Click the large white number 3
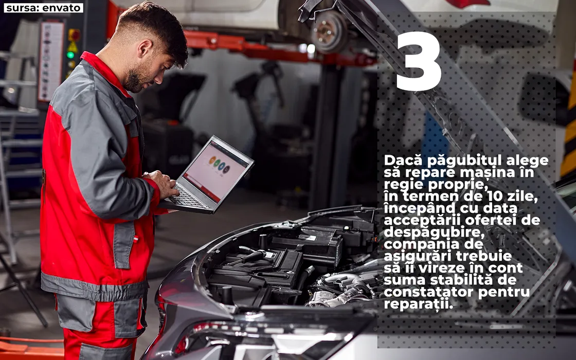coord(419,61)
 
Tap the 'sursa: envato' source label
coord(43,8)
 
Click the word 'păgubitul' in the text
coord(464,161)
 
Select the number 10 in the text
coord(490,196)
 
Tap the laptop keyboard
coord(188,197)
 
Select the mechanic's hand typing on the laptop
coord(161,183)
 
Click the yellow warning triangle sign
coord(73,46)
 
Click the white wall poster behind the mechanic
coord(51,61)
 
